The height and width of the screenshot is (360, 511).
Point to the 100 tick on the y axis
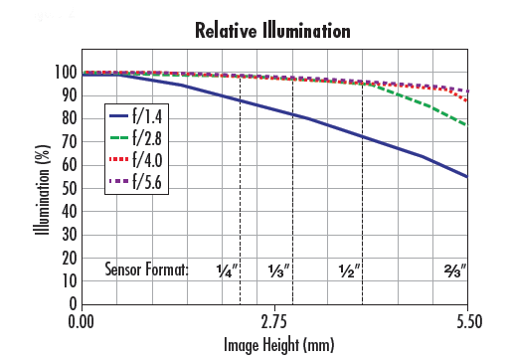pyautogui.click(x=65, y=73)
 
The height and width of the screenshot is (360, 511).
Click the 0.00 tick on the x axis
pyautogui.click(x=82, y=322)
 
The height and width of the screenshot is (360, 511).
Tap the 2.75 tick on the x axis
pyautogui.click(x=274, y=322)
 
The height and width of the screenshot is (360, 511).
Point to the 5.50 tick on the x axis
pyautogui.click(x=468, y=322)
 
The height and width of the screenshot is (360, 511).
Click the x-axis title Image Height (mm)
pyautogui.click(x=274, y=345)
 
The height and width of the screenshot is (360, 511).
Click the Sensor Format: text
pyautogui.click(x=146, y=270)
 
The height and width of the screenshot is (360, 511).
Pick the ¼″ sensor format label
pyautogui.click(x=228, y=270)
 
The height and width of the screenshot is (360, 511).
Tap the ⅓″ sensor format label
pyautogui.click(x=279, y=270)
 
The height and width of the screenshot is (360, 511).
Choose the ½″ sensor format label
pyautogui.click(x=349, y=270)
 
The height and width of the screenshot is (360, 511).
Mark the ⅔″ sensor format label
pyautogui.click(x=455, y=270)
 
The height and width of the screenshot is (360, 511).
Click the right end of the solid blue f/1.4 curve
pyautogui.click(x=467, y=177)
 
